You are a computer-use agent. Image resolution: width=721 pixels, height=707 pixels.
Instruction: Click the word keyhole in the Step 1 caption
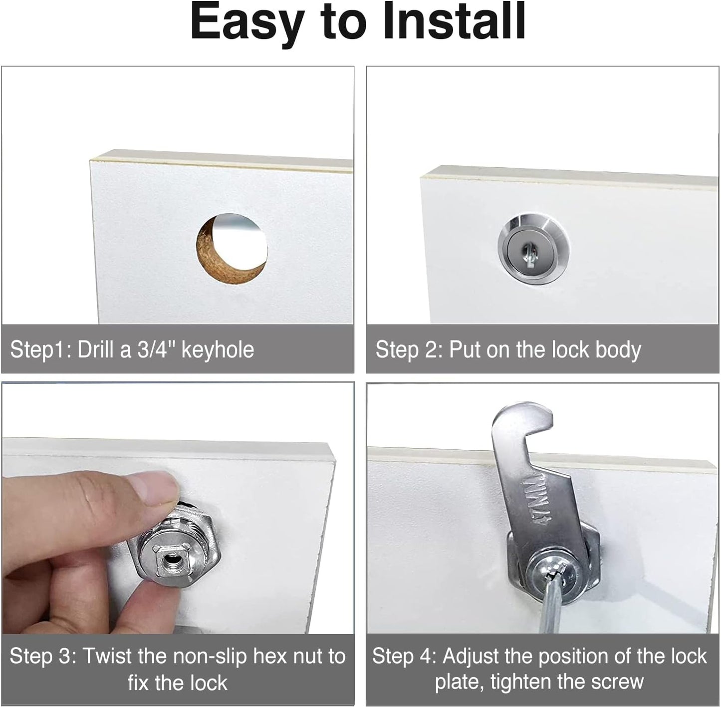(x=218, y=350)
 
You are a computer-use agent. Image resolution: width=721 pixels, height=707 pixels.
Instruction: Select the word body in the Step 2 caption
(x=618, y=350)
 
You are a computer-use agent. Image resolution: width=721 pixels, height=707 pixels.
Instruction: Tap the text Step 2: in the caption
(x=409, y=350)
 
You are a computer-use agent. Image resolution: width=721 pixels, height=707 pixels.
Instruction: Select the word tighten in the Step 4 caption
(x=524, y=682)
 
